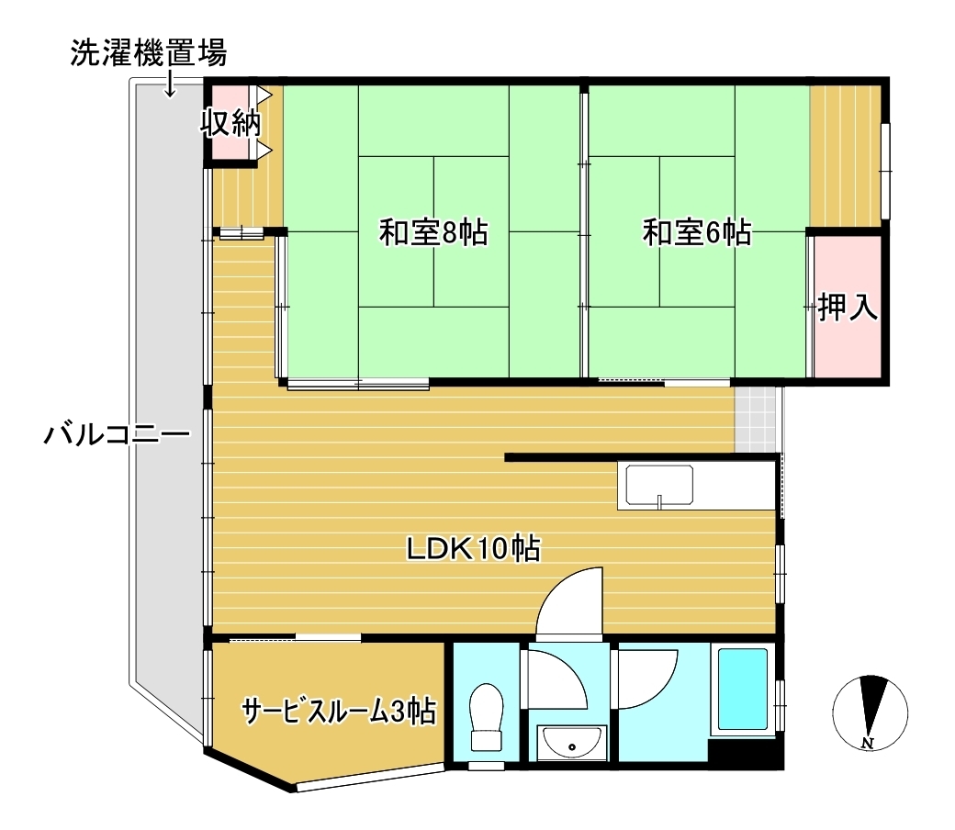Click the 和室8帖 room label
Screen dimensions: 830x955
[x=433, y=233]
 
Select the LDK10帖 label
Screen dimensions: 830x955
[x=473, y=549]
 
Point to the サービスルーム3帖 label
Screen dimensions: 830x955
[x=338, y=711]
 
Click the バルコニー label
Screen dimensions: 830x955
[x=117, y=432]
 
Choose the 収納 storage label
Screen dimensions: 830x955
[x=231, y=122]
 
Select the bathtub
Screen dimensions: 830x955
[x=742, y=689]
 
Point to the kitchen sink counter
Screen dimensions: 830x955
[x=661, y=486]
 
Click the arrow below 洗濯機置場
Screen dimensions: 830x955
[x=170, y=85]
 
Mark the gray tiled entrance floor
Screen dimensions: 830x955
[x=757, y=419]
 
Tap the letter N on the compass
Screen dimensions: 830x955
[x=867, y=742]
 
